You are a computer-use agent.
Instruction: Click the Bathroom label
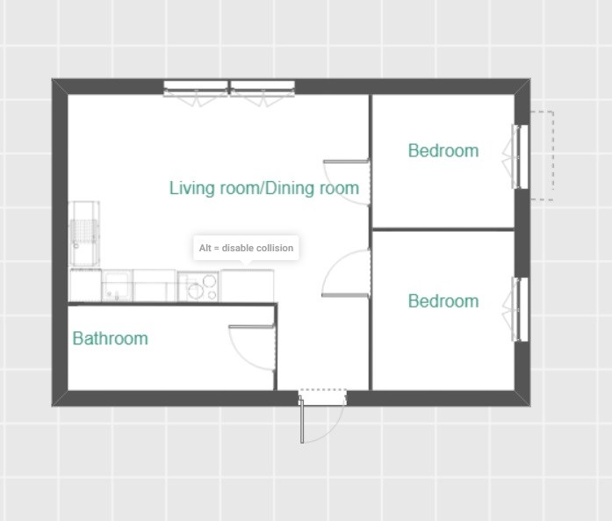coord(110,338)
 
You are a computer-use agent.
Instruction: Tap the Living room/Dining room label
coord(263,188)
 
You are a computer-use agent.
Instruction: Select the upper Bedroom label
coord(443,151)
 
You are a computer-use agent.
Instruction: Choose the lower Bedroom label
coord(443,301)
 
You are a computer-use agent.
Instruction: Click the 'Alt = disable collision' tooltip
coord(246,248)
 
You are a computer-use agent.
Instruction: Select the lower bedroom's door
coord(346,273)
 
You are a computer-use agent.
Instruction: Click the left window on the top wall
coord(196,93)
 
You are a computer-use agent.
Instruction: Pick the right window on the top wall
coord(263,93)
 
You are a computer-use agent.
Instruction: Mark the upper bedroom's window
coord(515,156)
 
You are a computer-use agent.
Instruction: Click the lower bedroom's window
coord(515,309)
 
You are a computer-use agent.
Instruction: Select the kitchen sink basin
coord(116,286)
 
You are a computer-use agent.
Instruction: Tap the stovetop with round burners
coord(198,286)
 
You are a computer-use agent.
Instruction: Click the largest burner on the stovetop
coord(196,291)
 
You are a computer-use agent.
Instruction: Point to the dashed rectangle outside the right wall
coord(542,156)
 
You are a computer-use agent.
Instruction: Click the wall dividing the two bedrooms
coord(443,229)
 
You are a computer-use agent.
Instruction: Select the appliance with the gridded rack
coord(84,234)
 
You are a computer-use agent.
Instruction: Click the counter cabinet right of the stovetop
coord(247,286)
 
